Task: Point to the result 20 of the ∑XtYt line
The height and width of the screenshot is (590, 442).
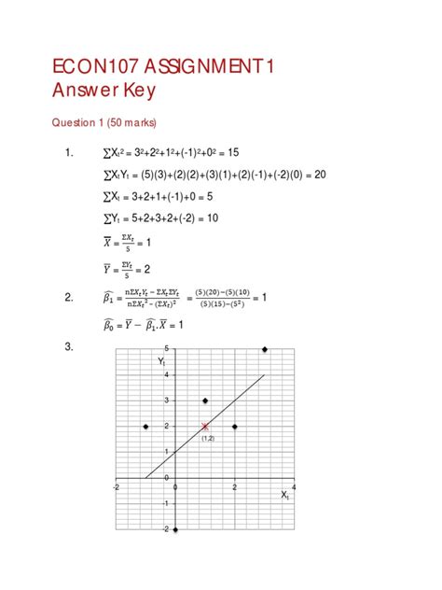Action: [319, 174]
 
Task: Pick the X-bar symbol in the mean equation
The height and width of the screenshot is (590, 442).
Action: [107, 242]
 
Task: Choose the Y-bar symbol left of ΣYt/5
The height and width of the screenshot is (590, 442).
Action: [107, 270]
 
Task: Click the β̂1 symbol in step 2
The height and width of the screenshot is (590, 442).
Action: [109, 298]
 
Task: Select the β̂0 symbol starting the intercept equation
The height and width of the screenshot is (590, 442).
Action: [109, 325]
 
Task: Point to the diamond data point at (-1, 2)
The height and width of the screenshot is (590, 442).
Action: [145, 427]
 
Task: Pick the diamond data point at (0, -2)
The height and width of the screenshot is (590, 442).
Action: [175, 529]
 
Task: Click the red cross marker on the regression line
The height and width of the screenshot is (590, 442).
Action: [205, 427]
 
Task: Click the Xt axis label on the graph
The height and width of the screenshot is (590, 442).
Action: [285, 496]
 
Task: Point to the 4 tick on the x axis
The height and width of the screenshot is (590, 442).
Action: [294, 487]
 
